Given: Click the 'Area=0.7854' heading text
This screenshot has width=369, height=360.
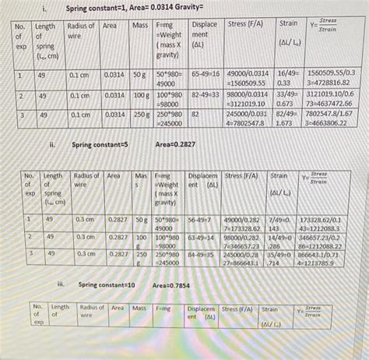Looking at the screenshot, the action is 176,286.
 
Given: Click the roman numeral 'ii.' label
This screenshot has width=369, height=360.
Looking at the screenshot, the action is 51,144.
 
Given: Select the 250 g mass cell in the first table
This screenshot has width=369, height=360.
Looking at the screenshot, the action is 140,114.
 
